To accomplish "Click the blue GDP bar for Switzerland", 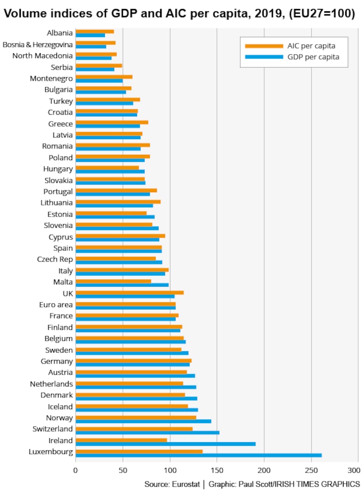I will click(147, 433).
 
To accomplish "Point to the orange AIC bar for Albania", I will click(95, 31).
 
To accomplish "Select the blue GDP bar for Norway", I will click(143, 421).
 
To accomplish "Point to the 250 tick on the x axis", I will click(311, 470).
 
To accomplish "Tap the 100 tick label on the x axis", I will click(170, 470).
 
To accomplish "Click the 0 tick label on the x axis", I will click(76, 470).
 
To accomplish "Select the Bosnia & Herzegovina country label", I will click(38, 44).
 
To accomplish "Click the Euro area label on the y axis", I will click(56, 305).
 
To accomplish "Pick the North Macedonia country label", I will click(43, 56).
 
